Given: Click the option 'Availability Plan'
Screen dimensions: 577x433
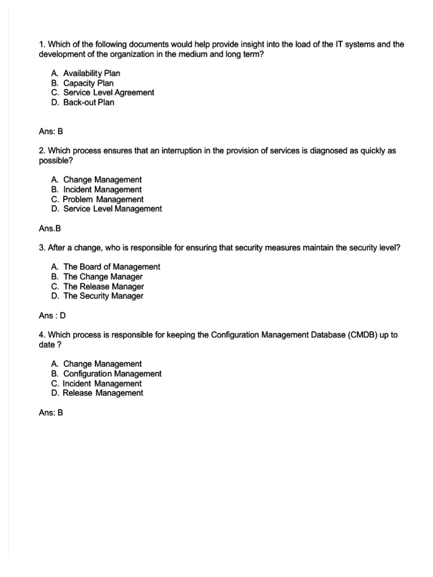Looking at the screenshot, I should pos(91,73).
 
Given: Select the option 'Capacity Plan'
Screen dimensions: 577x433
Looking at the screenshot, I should pos(88,83).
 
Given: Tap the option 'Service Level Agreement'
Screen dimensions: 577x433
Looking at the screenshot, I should pos(108,92).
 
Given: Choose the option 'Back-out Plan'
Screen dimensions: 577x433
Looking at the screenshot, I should pos(89,102).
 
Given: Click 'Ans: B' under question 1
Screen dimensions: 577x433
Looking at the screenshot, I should pos(51,131).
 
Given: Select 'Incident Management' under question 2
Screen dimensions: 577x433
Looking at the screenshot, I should pos(102,189).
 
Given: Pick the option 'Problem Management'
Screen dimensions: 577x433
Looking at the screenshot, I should pos(103,199).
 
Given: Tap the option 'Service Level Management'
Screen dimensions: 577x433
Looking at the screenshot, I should pos(112,208).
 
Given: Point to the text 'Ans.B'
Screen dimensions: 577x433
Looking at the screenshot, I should pos(50,229).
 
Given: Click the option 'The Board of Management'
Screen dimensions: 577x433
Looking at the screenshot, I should pos(111,267).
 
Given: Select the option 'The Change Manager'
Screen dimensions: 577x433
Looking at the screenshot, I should pos(103,277).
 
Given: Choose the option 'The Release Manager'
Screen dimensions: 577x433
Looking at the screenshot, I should pos(103,286).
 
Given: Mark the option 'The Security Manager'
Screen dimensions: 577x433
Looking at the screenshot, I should pos(103,296).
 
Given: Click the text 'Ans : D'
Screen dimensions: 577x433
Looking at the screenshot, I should pos(52,316).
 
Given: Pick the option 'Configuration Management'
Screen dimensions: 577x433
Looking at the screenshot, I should pos(112,374).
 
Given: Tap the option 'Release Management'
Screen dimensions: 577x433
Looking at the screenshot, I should pos(103,393).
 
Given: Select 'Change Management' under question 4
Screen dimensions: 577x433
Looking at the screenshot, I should pos(102,364).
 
